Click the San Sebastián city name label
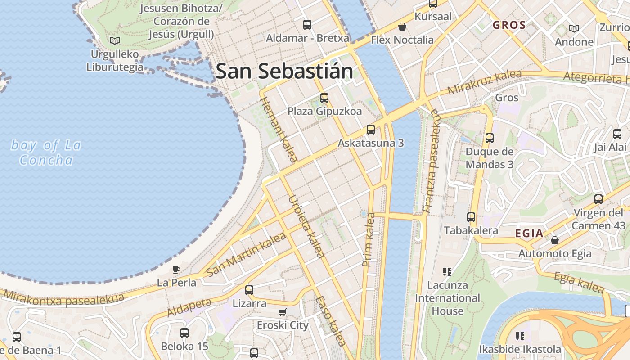[x=284, y=71]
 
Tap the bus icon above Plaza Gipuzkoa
[x=324, y=98]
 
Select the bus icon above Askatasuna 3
[x=371, y=130]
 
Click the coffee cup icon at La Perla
[x=176, y=270]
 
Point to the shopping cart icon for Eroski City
[x=283, y=312]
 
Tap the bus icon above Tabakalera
[x=471, y=217]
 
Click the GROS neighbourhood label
[x=509, y=25]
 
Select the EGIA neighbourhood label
[x=529, y=234]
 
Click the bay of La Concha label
[x=46, y=153]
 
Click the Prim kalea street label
[x=369, y=239]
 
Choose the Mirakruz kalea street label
[x=485, y=82]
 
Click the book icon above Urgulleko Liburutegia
[x=115, y=41]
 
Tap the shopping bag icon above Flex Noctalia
[x=402, y=27]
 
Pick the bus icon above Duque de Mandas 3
[x=490, y=138]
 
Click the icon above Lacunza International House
[x=447, y=271]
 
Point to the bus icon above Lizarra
[x=249, y=290]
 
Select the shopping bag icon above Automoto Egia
[x=555, y=240]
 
